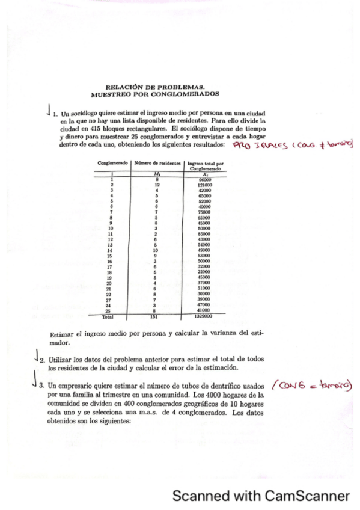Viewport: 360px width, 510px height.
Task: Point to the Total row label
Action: click(x=108, y=315)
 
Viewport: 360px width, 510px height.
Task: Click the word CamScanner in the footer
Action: click(x=307, y=496)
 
